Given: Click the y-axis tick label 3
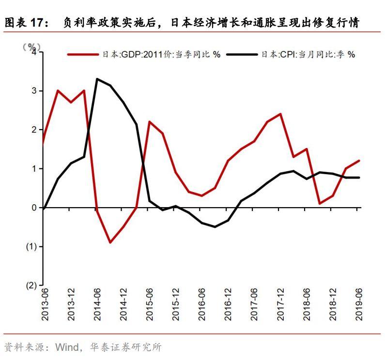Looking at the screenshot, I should (34, 91).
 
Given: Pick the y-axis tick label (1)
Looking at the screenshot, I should (31, 247).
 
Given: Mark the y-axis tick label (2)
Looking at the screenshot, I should (31, 285).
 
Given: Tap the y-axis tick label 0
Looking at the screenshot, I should (34, 208).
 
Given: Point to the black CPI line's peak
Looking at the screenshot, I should (97, 79).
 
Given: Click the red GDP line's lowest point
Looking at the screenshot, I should (110, 242).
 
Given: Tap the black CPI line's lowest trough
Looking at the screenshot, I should (215, 226).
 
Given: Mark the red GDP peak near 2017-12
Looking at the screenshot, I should (281, 114).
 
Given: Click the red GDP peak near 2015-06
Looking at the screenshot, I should (149, 122).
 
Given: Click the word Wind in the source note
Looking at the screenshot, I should (66, 347).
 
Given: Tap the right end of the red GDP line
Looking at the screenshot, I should (359, 161).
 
